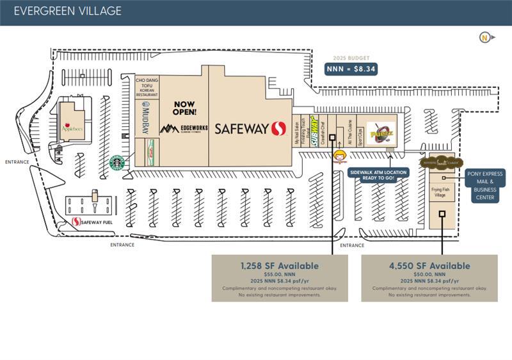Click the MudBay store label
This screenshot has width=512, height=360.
[x=146, y=119]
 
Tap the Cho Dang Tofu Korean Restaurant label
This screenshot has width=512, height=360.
[x=147, y=87]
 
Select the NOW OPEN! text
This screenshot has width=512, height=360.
[x=184, y=108]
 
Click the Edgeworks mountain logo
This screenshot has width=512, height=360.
[x=169, y=129]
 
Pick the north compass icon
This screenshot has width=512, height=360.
[x=486, y=37]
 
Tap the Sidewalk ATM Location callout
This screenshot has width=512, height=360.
[x=378, y=174]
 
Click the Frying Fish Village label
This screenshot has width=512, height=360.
[x=440, y=192]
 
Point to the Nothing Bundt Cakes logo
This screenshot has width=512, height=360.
[x=441, y=163]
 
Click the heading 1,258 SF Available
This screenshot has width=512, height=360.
[x=280, y=265]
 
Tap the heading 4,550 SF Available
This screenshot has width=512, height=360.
[x=429, y=265]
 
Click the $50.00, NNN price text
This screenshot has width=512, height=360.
[x=429, y=274]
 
